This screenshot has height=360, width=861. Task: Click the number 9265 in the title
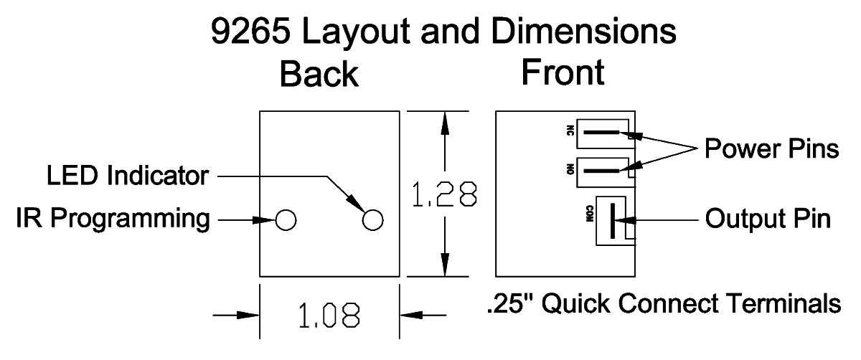point(250,31)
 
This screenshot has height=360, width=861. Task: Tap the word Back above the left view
point(319,74)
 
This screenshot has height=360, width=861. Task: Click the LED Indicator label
point(128,176)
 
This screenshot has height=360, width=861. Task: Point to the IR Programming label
point(113,219)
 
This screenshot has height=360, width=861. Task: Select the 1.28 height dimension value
point(445,194)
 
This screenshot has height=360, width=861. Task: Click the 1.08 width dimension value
point(329,315)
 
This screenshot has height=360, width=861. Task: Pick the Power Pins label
point(771,148)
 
